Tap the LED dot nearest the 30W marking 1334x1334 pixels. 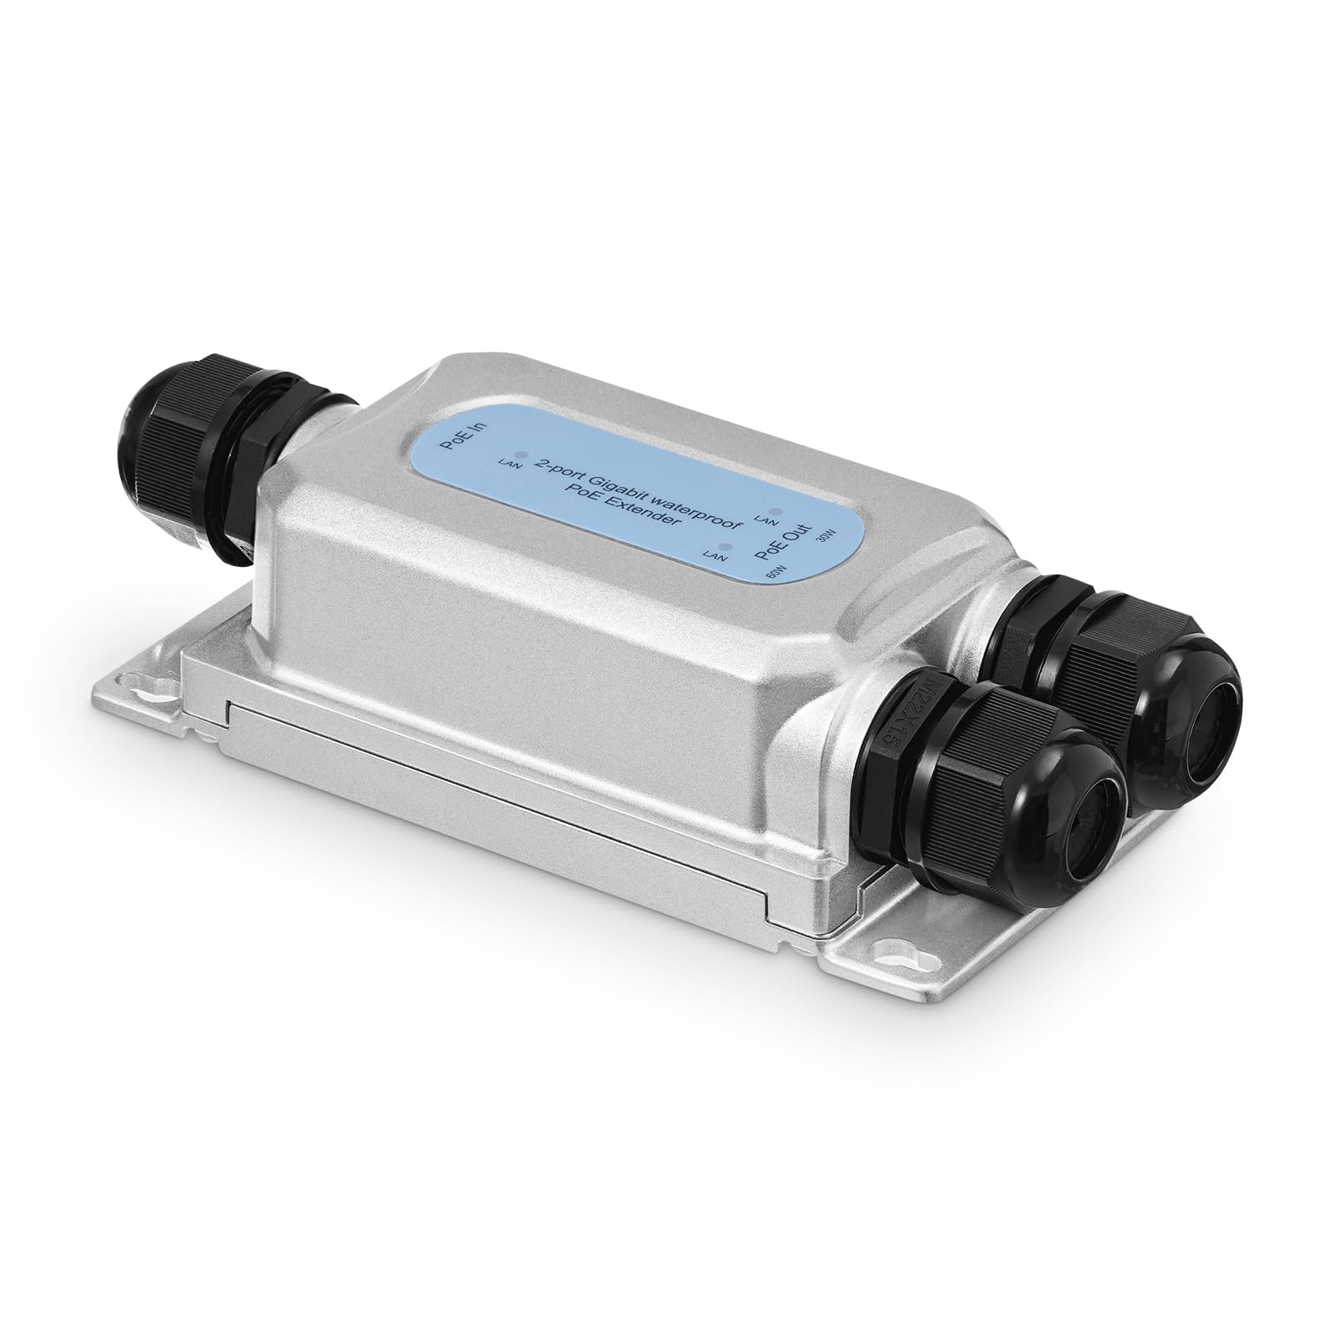777,511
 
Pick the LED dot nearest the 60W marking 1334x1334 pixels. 728,548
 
